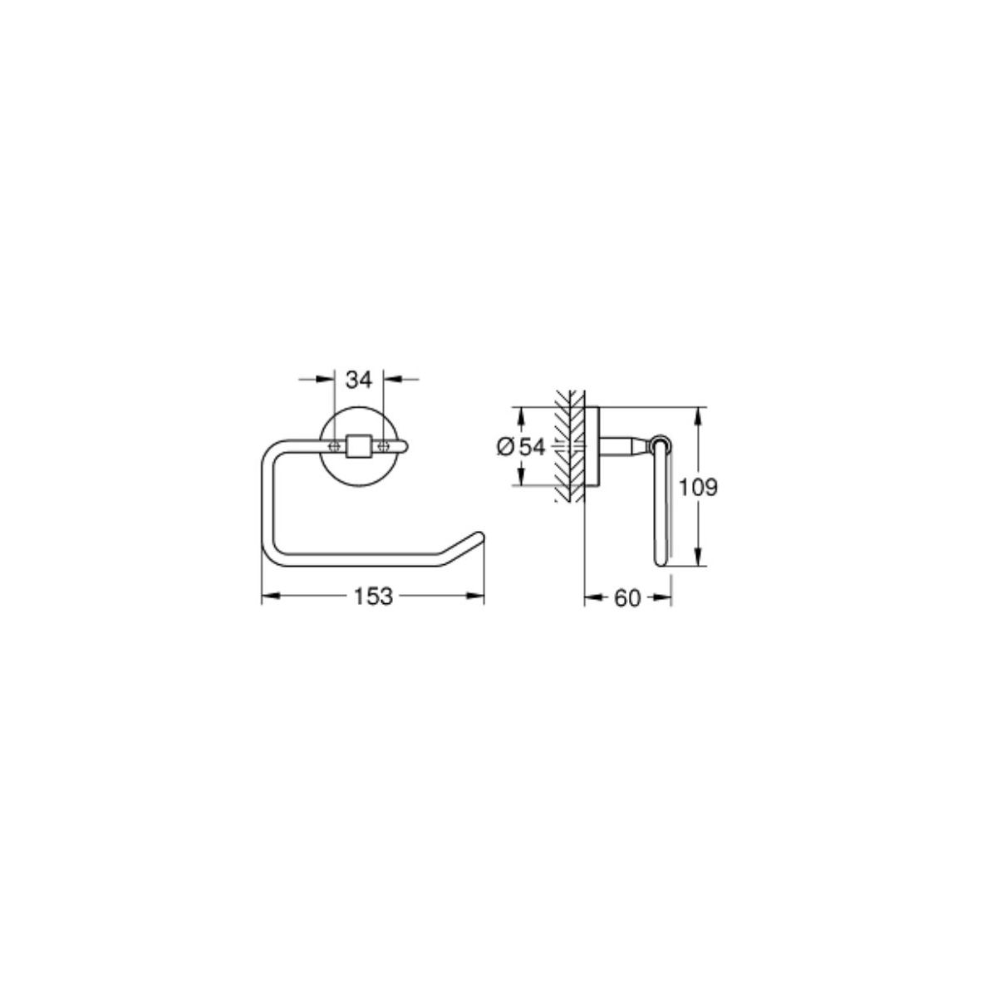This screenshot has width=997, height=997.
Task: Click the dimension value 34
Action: coord(359,381)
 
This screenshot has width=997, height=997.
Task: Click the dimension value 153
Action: coord(373,597)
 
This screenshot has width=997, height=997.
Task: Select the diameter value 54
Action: coord(533,446)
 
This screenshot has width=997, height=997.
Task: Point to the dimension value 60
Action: coord(627,598)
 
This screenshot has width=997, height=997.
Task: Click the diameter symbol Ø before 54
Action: coord(505,446)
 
